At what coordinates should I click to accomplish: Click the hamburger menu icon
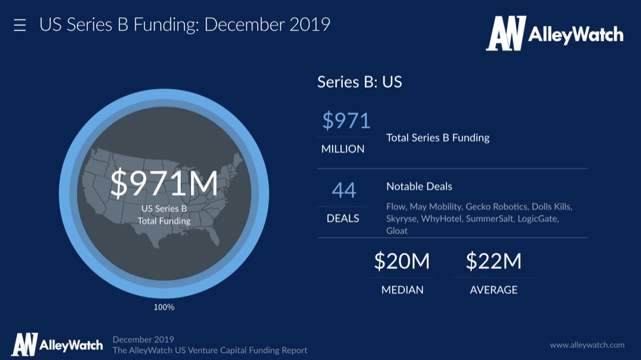tap(20, 26)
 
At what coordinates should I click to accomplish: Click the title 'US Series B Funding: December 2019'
tap(185, 25)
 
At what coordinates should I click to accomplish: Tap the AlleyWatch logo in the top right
tap(554, 33)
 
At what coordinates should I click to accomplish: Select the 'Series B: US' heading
tap(360, 82)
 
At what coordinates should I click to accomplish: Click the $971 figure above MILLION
tap(346, 120)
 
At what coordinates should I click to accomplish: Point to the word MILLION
tap(343, 149)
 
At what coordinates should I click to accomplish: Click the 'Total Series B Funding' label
tap(438, 138)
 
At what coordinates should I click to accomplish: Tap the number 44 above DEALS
tap(344, 190)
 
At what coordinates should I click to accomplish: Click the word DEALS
tap(343, 218)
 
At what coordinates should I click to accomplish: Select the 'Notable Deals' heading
tap(419, 186)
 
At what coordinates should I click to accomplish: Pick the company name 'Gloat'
tap(397, 231)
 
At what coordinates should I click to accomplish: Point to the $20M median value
tap(402, 261)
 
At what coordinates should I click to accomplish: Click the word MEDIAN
tap(403, 290)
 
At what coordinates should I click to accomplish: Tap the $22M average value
tap(494, 261)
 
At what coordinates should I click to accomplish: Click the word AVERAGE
tap(494, 290)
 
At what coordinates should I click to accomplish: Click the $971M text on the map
tap(164, 184)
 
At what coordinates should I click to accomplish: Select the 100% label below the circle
tap(164, 307)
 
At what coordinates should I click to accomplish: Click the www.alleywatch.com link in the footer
tap(587, 345)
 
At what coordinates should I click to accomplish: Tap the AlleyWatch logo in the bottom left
tap(57, 345)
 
